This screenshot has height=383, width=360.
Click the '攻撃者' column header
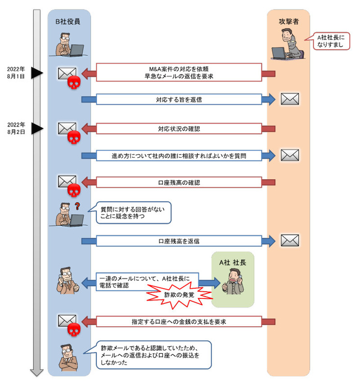coord(288,22)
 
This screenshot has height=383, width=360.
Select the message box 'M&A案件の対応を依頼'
coord(178,72)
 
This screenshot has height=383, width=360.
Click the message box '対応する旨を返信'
coord(178,99)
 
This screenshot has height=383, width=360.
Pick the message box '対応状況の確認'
coord(178,129)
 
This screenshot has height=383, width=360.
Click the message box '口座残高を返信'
coord(178,241)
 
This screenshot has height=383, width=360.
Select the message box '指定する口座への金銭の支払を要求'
coord(178,321)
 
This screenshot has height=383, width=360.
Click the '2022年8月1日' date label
coord(16,73)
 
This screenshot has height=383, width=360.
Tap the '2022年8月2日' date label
coord(16,128)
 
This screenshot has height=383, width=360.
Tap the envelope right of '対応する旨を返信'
coord(290,99)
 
